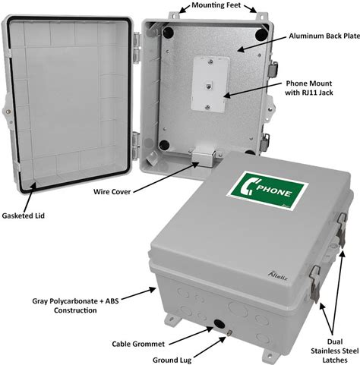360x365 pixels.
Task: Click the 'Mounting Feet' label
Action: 216,5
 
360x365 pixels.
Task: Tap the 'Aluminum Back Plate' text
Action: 324,36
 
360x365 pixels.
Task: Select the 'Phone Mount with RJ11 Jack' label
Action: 309,88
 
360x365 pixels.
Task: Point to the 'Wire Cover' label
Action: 112,192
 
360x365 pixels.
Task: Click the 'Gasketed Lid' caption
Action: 24,216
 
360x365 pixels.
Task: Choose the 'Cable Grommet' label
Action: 138,344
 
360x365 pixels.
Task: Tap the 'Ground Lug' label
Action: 172,360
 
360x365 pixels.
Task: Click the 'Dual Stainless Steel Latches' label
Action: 335,351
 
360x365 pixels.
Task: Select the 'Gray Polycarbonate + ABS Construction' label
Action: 75,306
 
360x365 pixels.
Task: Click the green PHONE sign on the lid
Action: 267,190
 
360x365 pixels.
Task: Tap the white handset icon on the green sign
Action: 248,187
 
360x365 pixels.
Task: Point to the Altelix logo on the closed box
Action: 278,276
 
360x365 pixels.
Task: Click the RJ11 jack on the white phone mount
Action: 208,86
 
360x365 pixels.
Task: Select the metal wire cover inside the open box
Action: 204,156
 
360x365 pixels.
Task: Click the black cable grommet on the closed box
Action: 219,324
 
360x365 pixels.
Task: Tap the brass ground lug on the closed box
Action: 229,332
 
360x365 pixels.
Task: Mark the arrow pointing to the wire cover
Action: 166,178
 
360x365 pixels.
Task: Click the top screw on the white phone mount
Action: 210,61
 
